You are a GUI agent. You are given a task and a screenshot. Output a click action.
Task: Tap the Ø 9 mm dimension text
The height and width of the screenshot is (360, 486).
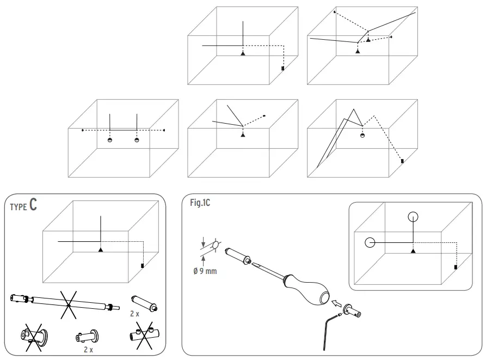tap(205, 271)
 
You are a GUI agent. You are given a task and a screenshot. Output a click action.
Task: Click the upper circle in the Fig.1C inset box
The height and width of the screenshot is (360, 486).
tap(413, 217)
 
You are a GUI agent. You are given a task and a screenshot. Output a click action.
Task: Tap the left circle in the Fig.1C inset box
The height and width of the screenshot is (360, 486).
tap(370, 242)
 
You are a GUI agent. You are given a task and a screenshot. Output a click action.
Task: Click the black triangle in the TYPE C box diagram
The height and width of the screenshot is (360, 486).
tap(100, 249)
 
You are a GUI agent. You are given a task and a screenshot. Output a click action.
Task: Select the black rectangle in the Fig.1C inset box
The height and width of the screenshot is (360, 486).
tap(456, 267)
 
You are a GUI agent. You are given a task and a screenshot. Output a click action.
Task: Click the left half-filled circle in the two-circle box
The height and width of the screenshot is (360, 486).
tap(110, 140)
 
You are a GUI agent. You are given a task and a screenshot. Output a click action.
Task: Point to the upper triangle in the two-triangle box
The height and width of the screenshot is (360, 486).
tap(368, 40)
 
